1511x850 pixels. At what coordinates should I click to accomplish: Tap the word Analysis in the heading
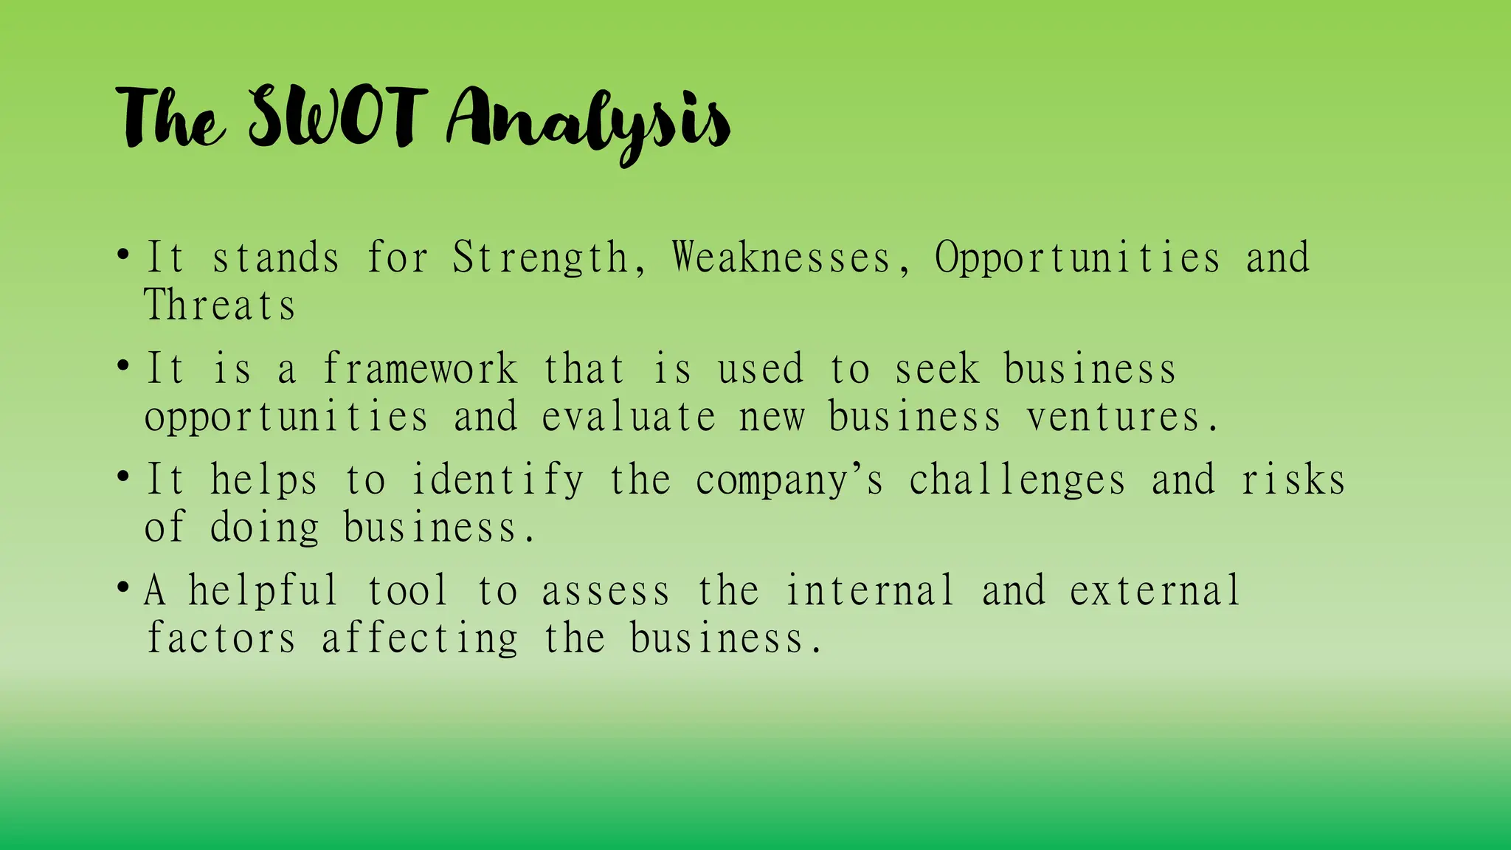tap(588, 122)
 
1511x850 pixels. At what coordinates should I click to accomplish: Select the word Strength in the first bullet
tap(540, 259)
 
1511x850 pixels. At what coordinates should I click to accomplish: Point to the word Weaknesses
tap(782, 259)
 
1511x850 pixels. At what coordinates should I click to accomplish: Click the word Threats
tap(219, 305)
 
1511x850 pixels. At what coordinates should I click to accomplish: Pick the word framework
tap(421, 369)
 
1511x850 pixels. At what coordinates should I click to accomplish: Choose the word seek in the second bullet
tap(937, 369)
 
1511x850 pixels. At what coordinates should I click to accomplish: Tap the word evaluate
tap(629, 417)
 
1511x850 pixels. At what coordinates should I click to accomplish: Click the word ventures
tap(1114, 417)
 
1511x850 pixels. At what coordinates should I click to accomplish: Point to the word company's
tap(789, 481)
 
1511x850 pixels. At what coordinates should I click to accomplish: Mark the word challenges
tap(1017, 481)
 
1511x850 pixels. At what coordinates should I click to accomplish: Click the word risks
tap(1293, 480)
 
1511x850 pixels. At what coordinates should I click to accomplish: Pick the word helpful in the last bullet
tap(263, 592)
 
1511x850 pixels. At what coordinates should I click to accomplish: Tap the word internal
tap(870, 592)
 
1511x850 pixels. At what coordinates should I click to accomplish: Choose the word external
tap(1155, 592)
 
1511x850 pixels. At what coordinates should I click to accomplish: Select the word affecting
tap(421, 639)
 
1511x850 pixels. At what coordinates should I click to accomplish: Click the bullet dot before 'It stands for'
tap(123, 255)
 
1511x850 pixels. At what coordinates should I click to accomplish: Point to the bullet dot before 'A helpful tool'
tap(123, 588)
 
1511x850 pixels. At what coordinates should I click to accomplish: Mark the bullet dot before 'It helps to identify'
tap(123, 477)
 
